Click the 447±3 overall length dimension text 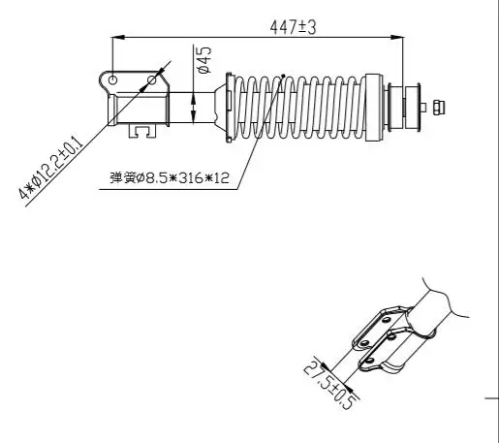pyautogui.click(x=293, y=27)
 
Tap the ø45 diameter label pyautogui.click(x=204, y=60)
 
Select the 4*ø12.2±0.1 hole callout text pyautogui.click(x=50, y=167)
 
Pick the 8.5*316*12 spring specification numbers pyautogui.click(x=188, y=177)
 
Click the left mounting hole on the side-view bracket pyautogui.click(x=112, y=79)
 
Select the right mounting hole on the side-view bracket pyautogui.click(x=152, y=79)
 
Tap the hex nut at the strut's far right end pyautogui.click(x=439, y=108)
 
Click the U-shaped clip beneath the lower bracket pyautogui.click(x=142, y=131)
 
